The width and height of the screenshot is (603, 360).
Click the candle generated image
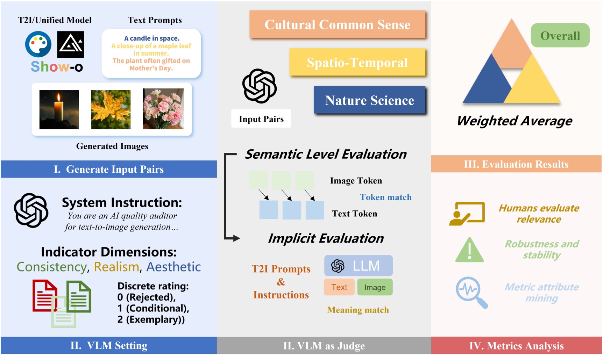pos(59,109)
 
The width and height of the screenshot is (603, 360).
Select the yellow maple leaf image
pos(111,109)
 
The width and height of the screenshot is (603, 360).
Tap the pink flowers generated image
pos(163,109)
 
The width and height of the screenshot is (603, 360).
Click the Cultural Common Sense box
pos(337,24)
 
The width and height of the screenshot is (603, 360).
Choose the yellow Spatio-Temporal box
pos(357,63)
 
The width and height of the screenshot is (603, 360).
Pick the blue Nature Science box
pos(369,100)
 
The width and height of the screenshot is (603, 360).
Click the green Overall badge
pos(560,35)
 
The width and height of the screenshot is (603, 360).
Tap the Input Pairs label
pos(261,119)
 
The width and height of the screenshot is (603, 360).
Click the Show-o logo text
pos(57,66)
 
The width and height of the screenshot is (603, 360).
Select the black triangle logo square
pos(70,44)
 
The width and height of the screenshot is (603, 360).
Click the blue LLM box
pos(358,266)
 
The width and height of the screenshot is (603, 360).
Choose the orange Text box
pos(339,287)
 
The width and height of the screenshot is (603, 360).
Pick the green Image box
pos(375,287)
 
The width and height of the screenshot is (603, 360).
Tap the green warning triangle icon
pos(469,250)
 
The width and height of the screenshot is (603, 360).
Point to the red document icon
pos(44,295)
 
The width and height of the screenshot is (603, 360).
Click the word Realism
pos(116,267)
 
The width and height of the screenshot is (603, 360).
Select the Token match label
pos(385,197)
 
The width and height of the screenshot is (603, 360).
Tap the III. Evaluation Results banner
pos(516,164)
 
